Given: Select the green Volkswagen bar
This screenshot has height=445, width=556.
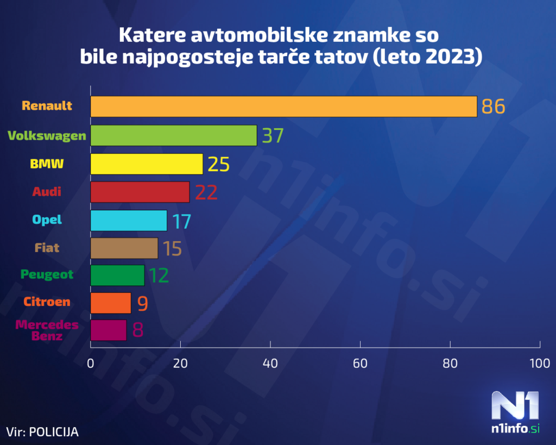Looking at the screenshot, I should click(x=173, y=135).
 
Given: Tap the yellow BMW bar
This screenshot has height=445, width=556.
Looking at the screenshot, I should click(x=146, y=164).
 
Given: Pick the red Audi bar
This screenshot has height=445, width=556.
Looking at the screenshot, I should click(x=140, y=192).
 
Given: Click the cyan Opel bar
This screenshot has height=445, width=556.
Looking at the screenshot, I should click(x=128, y=220).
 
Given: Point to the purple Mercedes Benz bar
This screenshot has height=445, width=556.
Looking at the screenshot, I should click(x=108, y=330).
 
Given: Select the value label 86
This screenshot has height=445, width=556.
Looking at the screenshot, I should click(x=493, y=106).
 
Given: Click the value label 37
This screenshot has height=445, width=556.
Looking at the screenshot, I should click(x=273, y=135).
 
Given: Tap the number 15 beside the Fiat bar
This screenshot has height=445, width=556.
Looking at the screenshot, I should click(x=172, y=248).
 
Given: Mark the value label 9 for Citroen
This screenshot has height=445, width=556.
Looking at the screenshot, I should click(x=142, y=303).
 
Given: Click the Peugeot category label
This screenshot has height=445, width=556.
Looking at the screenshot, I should click(x=47, y=274).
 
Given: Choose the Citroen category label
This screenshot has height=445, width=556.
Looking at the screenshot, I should click(x=47, y=302).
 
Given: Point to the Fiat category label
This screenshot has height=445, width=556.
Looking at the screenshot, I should click(x=47, y=248).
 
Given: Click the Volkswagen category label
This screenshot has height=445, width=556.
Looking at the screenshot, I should click(x=47, y=135).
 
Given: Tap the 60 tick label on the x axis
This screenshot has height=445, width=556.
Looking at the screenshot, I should click(x=360, y=363).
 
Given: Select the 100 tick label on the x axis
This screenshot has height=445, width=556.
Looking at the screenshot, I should click(x=539, y=363).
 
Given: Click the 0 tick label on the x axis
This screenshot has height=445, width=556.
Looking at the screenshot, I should click(x=91, y=363).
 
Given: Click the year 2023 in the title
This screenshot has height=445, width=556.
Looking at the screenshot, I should click(x=448, y=56).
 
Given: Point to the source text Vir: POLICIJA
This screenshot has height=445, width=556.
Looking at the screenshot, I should click(x=42, y=432).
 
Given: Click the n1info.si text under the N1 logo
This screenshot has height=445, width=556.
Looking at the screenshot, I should click(x=515, y=429).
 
